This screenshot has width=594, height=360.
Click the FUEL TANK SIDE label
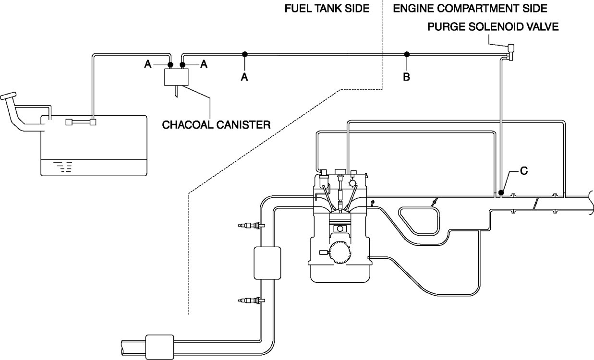(327, 9)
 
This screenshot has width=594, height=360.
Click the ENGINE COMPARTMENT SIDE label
(470, 9)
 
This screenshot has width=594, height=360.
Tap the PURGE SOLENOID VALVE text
(493, 27)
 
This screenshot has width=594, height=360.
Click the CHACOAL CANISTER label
(216, 124)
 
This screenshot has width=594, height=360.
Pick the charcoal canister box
(176, 77)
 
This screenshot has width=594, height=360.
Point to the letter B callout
(406, 77)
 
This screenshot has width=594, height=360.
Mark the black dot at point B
(406, 54)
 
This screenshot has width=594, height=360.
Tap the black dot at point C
(500, 193)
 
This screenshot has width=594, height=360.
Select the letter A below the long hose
(244, 77)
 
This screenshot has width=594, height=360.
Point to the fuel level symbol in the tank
(63, 167)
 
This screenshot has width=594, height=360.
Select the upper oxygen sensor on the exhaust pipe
(249, 225)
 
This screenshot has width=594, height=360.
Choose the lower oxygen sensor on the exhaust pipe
(249, 300)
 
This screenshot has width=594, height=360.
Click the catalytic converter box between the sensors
(267, 263)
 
